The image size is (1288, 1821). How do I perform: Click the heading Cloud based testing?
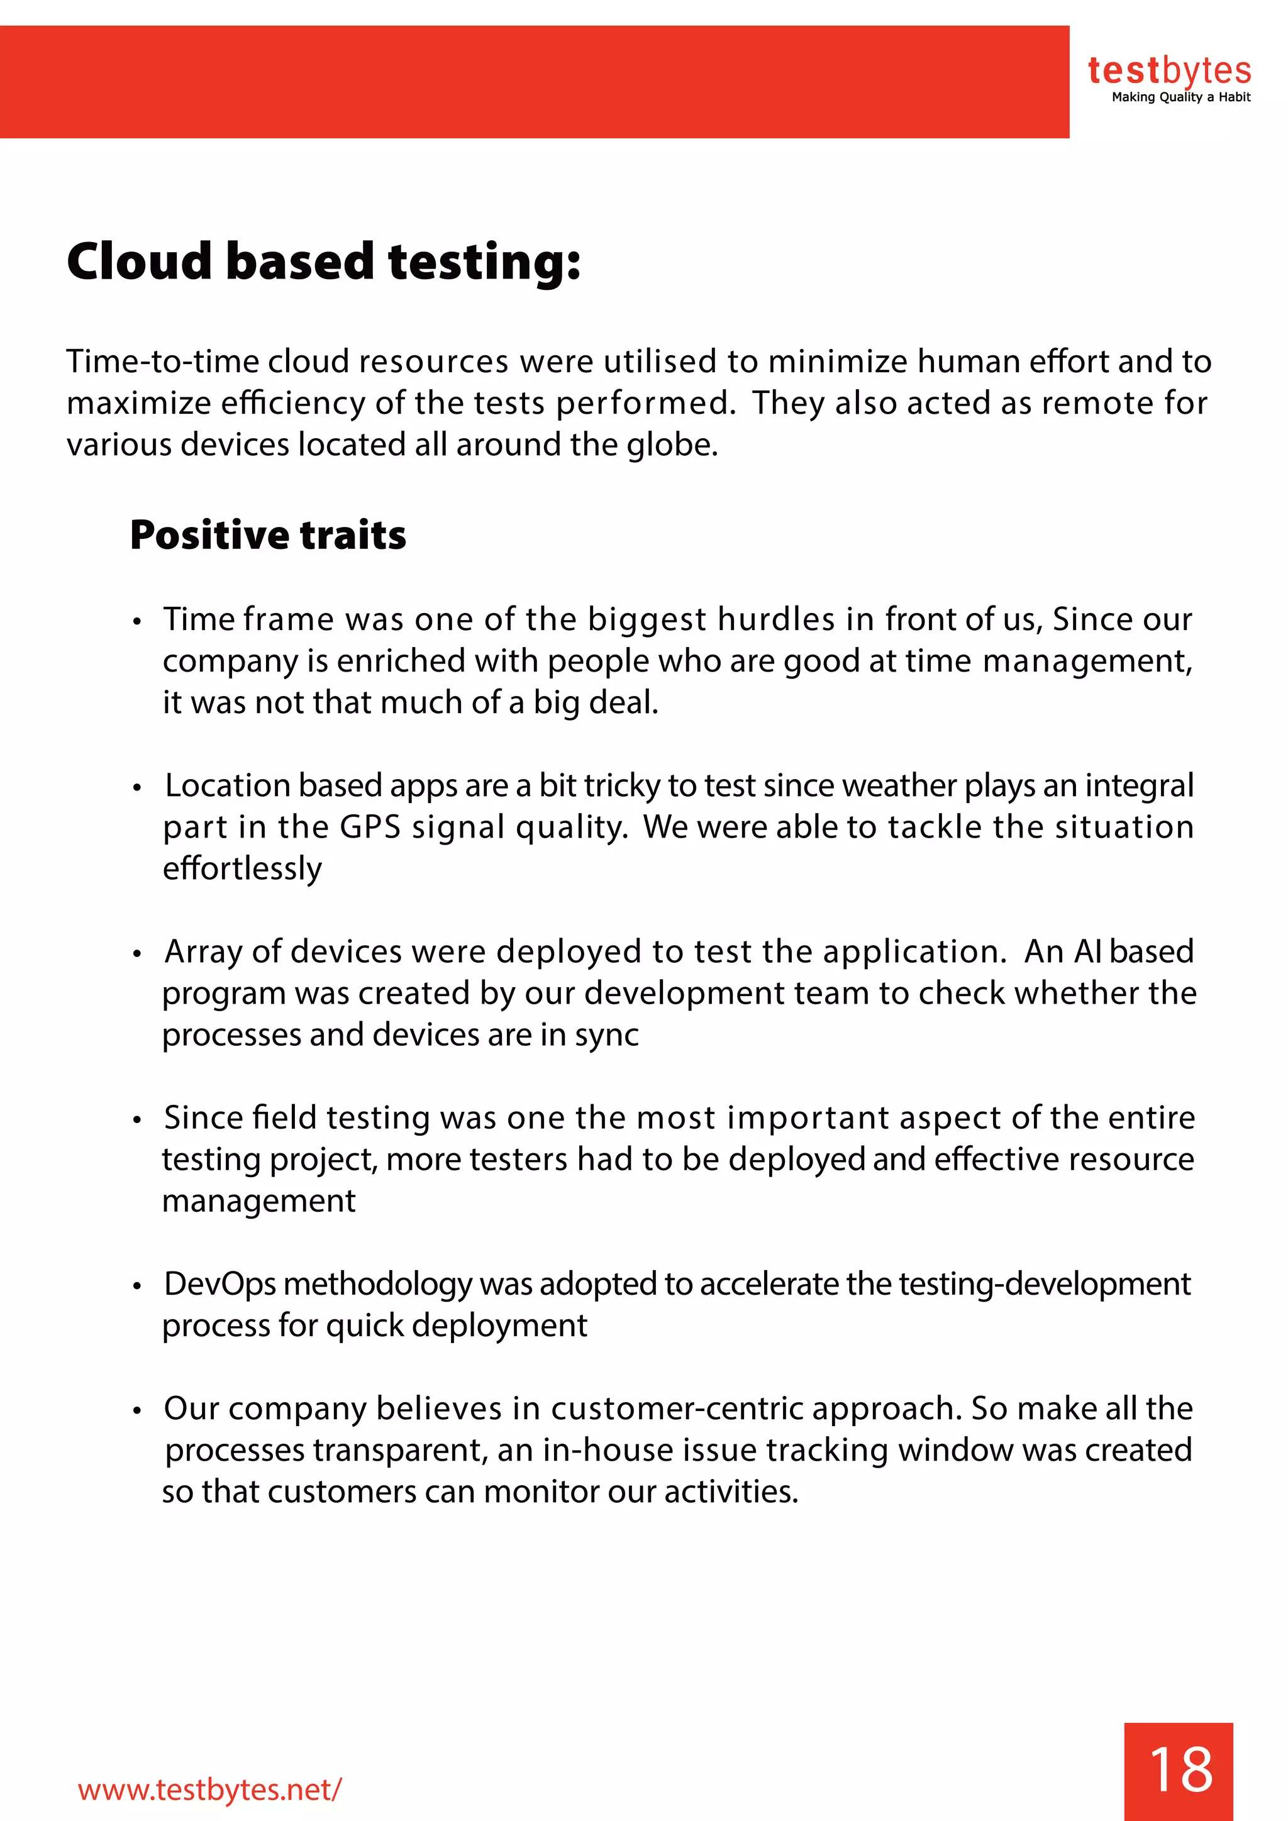(x=324, y=262)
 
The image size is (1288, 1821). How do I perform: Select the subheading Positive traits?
(x=268, y=534)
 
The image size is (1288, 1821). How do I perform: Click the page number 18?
(x=1180, y=1769)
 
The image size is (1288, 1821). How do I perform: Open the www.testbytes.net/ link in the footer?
(x=210, y=1790)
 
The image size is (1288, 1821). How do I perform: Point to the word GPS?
(x=370, y=827)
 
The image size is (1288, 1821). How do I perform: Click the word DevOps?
(x=219, y=1284)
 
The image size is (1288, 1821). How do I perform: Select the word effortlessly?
(x=243, y=868)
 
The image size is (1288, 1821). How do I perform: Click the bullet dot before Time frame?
(x=137, y=621)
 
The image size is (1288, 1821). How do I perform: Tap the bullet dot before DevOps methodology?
(x=137, y=1286)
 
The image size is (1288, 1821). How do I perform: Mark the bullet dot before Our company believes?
(x=137, y=1410)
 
